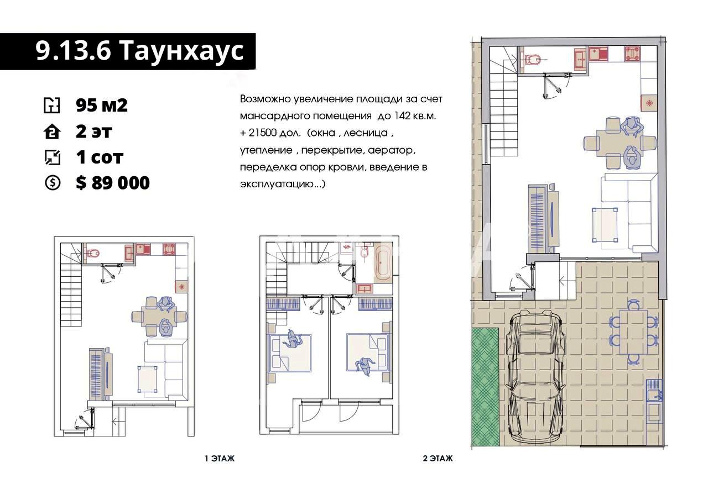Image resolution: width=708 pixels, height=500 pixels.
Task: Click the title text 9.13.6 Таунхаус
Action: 139,50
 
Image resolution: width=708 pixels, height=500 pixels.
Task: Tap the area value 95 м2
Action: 101,105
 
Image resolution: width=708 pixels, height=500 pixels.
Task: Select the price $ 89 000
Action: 112,183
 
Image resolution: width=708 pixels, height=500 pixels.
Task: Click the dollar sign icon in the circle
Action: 52,183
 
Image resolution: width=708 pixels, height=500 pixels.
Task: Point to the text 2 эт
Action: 93,131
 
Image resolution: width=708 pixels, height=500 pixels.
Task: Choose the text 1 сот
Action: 100,157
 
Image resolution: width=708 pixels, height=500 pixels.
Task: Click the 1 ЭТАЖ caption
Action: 220,459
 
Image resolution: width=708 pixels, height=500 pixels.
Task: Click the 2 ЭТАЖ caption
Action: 438,459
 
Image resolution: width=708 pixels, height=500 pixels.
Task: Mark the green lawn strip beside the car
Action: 485,387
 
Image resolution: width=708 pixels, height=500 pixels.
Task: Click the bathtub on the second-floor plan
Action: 383,263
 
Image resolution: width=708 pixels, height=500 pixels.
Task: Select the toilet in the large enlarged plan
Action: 533,59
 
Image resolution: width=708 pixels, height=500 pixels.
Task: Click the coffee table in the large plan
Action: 605,225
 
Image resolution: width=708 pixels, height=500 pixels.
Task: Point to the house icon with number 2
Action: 52,131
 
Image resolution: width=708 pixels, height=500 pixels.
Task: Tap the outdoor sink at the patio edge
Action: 654,394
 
